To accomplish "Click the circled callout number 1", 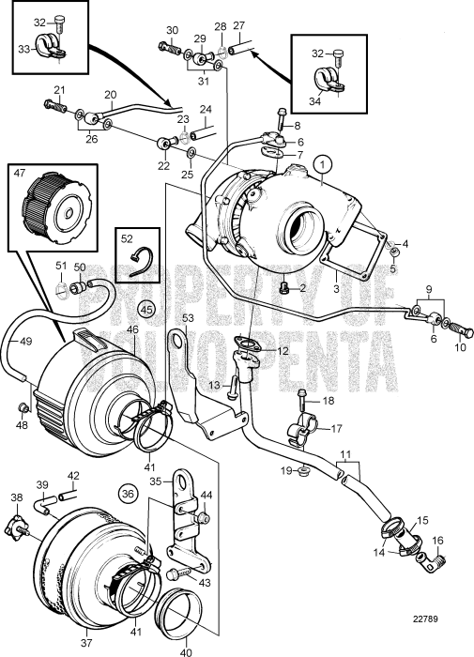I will pos(324,162).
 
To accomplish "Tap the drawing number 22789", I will pos(425,619).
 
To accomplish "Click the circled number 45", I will pos(145,309).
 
